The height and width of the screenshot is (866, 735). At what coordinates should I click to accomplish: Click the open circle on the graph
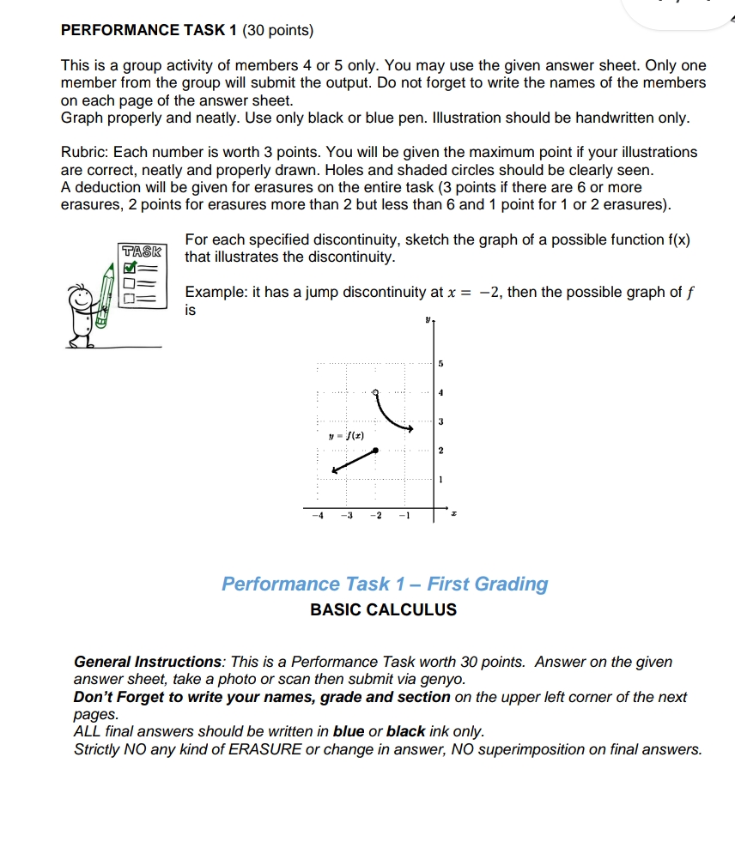tap(374, 392)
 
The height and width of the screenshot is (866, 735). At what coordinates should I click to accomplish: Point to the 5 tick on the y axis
tap(440, 365)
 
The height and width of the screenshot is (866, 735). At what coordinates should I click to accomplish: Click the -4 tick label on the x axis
tap(318, 516)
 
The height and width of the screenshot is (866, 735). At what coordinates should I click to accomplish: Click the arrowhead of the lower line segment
tap(335, 469)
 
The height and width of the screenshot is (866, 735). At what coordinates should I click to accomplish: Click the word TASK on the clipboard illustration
tap(142, 251)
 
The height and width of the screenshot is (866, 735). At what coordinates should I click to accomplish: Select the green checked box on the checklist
tap(131, 268)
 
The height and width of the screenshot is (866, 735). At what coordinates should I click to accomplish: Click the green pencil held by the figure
tap(106, 297)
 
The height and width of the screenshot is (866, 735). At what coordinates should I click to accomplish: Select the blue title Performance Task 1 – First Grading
tap(385, 584)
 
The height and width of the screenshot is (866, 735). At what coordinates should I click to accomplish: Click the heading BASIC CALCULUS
tap(383, 610)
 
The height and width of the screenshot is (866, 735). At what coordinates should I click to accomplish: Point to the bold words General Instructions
tap(148, 662)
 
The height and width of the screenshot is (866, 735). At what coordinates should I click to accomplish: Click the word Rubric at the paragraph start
tap(82, 152)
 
